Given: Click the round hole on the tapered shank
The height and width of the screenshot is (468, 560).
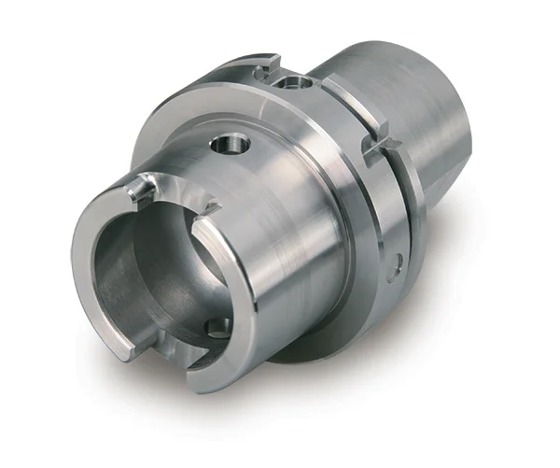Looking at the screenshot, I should click(231, 144).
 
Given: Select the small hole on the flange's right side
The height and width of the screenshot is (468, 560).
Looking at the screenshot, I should click(399, 265).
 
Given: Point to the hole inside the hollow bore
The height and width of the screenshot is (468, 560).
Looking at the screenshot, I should click(217, 327).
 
